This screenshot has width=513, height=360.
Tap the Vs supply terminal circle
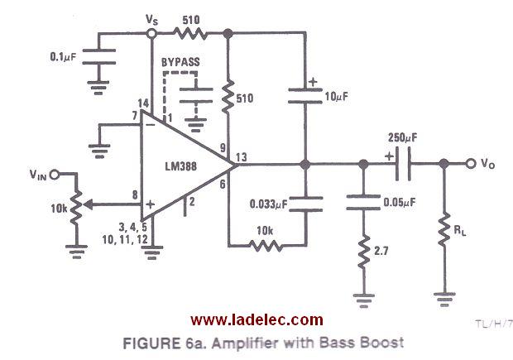(x=151, y=34)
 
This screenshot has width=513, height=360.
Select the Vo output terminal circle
(x=471, y=164)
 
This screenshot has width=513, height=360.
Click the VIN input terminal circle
(x=55, y=174)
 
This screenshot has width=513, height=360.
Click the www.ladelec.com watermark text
(x=256, y=319)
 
